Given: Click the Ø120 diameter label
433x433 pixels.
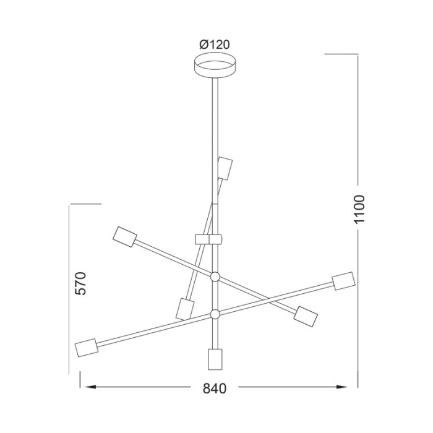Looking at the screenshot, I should tap(215, 45).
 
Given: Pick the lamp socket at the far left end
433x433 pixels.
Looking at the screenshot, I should tap(86, 348).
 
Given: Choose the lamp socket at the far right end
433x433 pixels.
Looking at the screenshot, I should tap(343, 281).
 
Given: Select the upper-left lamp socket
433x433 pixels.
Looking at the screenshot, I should tap(125, 236).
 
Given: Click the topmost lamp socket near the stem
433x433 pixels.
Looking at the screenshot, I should tap(225, 167).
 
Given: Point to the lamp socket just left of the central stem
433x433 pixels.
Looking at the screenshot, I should tap(184, 307).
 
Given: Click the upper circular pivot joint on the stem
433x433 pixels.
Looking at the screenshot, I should tap(215, 277).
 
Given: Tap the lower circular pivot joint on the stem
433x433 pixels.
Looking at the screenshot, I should tap(215, 314).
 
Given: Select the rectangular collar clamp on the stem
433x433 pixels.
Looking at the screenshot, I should tap(208, 239).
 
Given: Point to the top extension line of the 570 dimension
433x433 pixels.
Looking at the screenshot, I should tap(85, 204).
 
